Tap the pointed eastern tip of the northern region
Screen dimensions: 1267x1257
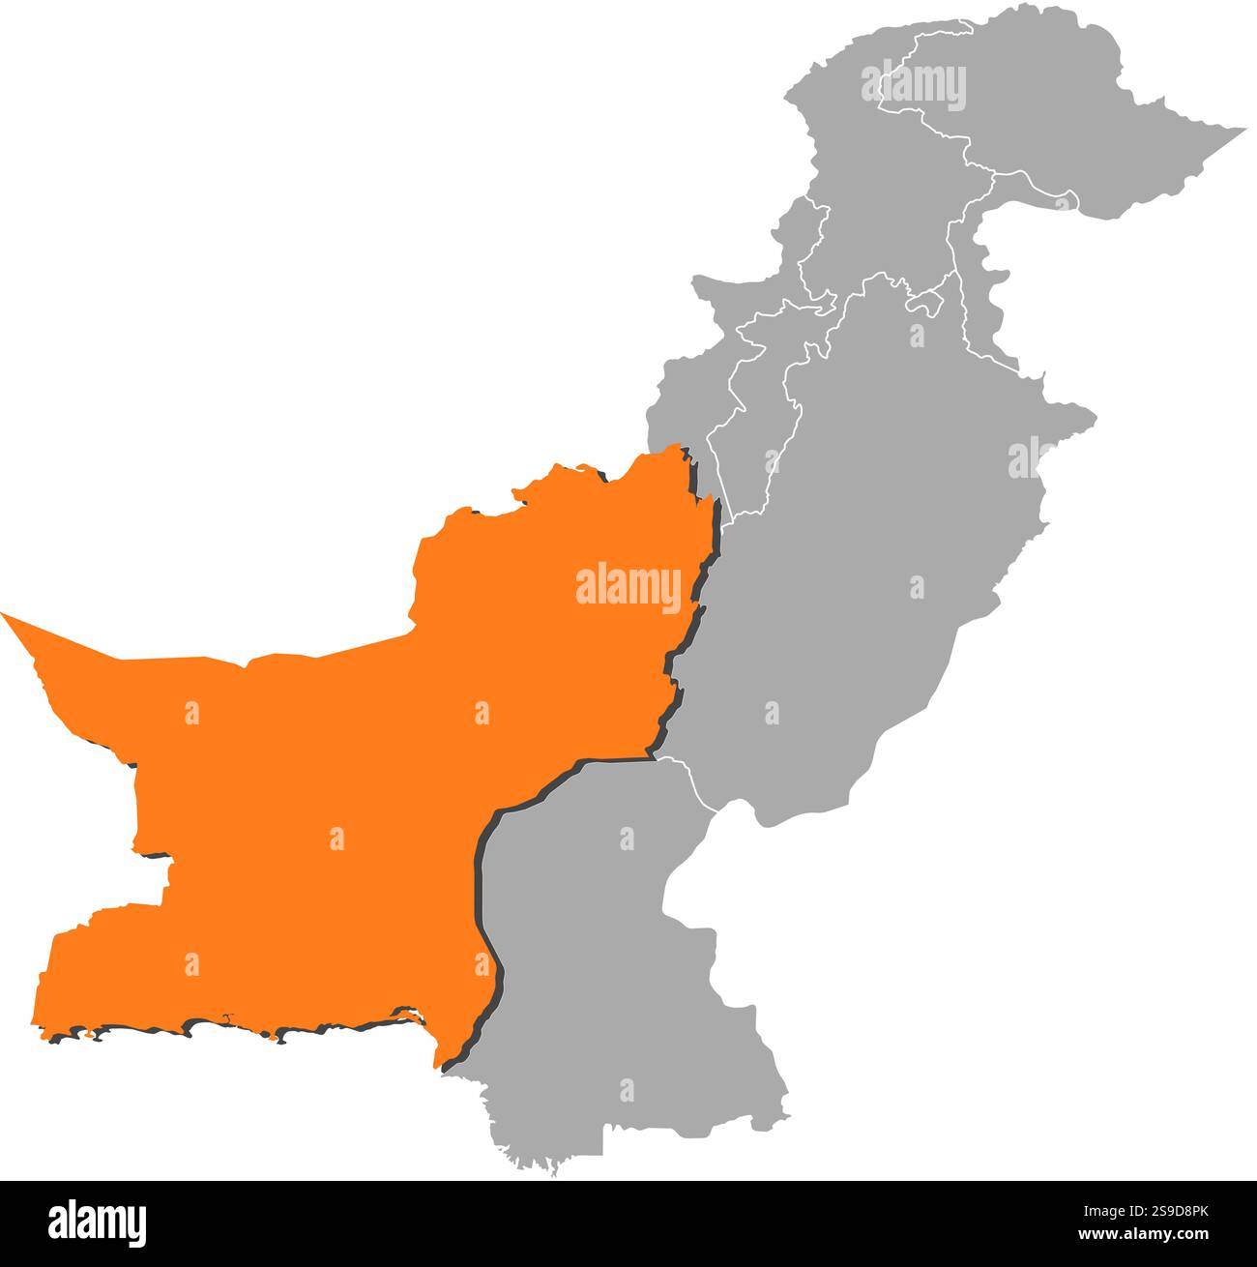[1242, 129]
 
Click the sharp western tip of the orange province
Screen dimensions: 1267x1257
[5, 614]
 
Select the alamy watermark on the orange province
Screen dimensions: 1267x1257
[628, 586]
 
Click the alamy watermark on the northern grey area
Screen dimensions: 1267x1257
[913, 84]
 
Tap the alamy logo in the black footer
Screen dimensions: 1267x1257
[97, 1223]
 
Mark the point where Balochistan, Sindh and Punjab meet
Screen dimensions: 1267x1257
[656, 758]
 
